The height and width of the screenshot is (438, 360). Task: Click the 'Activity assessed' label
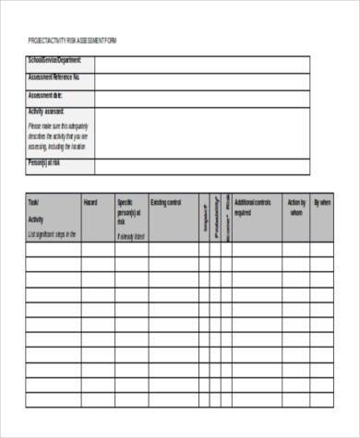click(47, 112)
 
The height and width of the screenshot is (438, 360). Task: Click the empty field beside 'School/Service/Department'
click(201, 62)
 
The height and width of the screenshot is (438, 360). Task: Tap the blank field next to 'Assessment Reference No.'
click(201, 78)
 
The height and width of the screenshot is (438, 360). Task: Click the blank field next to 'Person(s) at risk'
click(201, 165)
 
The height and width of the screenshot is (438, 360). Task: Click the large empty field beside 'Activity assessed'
click(201, 129)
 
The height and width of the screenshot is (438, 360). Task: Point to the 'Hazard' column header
click(90, 202)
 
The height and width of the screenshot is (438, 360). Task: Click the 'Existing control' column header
click(166, 202)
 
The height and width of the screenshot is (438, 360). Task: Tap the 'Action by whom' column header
click(296, 207)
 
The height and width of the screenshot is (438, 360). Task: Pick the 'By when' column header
click(322, 202)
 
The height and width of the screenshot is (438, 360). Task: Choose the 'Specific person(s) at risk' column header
click(130, 212)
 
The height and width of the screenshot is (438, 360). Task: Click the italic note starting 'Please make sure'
click(57, 136)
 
